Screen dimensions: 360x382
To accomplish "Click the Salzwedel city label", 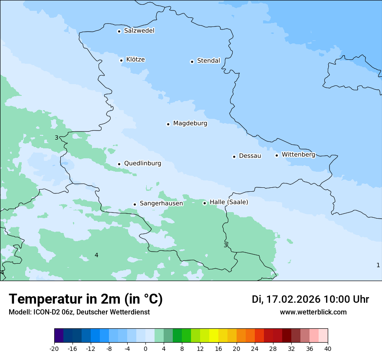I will tap(139, 31).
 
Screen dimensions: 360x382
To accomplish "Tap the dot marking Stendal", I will tap(192, 62).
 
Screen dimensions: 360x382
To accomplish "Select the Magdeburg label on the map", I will tap(190, 124).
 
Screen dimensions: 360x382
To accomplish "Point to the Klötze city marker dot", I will tap(121, 60).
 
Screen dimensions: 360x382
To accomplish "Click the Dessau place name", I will tap(250, 156).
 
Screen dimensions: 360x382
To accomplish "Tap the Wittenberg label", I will tap(298, 155).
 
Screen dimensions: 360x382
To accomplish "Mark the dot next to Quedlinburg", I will tap(119, 164).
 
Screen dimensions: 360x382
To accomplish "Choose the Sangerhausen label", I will tap(161, 203).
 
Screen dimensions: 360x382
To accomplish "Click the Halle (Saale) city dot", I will tap(204, 203).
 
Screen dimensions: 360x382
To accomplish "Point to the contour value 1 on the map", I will tap(378, 265).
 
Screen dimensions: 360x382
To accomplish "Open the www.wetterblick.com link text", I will tap(313, 312).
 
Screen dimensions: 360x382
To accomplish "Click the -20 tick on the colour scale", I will tap(54, 348).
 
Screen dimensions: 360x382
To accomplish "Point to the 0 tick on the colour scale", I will tap(145, 348).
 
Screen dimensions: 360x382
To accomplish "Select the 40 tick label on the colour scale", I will tap(328, 348).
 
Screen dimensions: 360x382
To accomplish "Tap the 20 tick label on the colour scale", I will tap(237, 348).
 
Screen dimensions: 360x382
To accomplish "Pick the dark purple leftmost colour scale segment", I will tap(59, 336).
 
